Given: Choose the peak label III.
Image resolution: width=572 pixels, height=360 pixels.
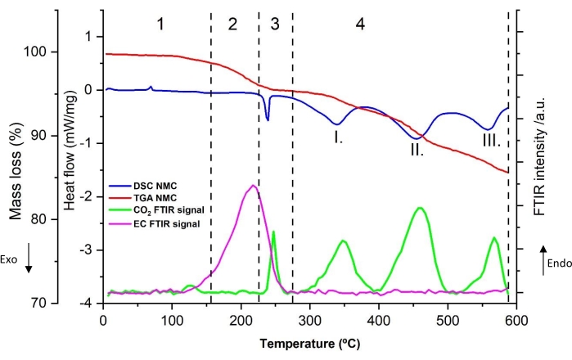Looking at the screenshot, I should (x=491, y=141).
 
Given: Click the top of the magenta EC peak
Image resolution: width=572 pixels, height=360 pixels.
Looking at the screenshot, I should (x=253, y=186).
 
